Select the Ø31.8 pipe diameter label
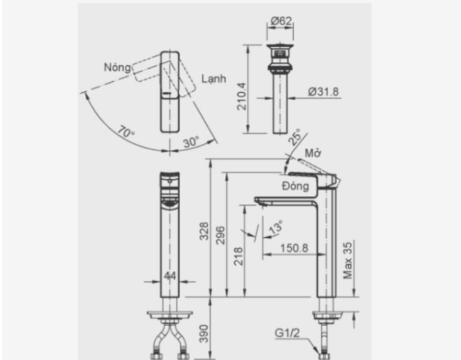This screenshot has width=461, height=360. pos(323,92)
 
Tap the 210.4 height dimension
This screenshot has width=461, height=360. pos(242,96)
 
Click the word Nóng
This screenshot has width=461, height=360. pos(117,67)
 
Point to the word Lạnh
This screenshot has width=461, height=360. pos(213,79)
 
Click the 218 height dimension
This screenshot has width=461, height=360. pos(239,255)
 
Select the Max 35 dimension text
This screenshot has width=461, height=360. pos(349,259)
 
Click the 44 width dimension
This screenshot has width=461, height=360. pos(170,276)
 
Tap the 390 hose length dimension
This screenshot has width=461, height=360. pos(205,334)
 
